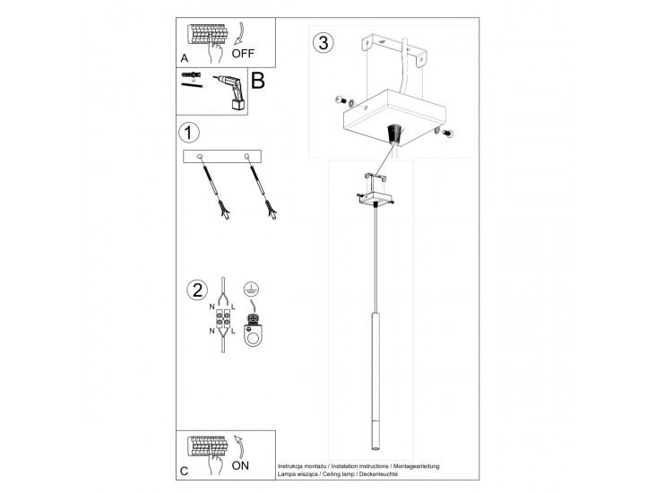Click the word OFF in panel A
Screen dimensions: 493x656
[x=255, y=52]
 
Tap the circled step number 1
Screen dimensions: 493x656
[x=188, y=134]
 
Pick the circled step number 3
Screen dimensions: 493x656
[x=322, y=42]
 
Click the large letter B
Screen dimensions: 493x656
[x=257, y=81]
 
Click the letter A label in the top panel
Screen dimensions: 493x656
[x=184, y=58]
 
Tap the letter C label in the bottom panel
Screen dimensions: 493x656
[x=184, y=471]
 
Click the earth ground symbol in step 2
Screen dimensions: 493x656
[x=252, y=290]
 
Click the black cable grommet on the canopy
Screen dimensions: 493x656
[x=393, y=135]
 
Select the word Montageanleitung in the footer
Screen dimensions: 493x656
[x=412, y=466]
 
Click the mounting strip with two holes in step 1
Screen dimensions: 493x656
[x=220, y=157]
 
